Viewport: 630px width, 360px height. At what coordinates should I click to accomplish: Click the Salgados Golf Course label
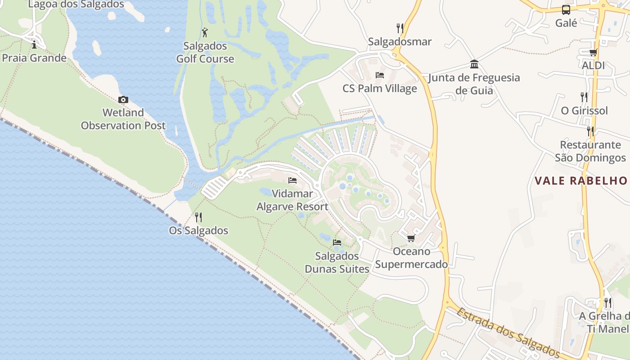pyautogui.click(x=205, y=52)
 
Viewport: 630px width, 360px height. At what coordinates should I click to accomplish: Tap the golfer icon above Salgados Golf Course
pyautogui.click(x=205, y=32)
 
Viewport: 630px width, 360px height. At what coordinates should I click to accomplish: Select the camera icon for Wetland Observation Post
pyautogui.click(x=123, y=99)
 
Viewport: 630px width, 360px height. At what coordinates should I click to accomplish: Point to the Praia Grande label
pyautogui.click(x=34, y=58)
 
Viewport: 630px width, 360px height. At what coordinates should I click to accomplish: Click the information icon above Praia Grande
pyautogui.click(x=34, y=44)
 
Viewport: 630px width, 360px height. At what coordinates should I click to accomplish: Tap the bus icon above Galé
pyautogui.click(x=566, y=10)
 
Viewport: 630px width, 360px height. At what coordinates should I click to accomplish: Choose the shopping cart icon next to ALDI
pyautogui.click(x=593, y=52)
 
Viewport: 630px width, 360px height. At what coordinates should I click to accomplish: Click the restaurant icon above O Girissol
pyautogui.click(x=584, y=97)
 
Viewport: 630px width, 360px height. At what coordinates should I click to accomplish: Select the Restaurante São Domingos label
pyautogui.click(x=590, y=151)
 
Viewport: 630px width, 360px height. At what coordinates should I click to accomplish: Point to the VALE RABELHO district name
pyautogui.click(x=581, y=181)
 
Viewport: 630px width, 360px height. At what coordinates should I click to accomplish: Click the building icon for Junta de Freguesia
pyautogui.click(x=474, y=64)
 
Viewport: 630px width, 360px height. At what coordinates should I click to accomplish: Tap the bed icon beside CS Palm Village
pyautogui.click(x=380, y=75)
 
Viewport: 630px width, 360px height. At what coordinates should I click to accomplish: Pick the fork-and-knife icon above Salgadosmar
pyautogui.click(x=400, y=28)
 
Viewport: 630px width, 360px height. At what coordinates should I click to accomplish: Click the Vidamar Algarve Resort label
pyautogui.click(x=292, y=200)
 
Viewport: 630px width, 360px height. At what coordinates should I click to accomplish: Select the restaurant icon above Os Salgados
pyautogui.click(x=198, y=217)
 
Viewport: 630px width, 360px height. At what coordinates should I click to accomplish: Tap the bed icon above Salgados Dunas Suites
pyautogui.click(x=337, y=243)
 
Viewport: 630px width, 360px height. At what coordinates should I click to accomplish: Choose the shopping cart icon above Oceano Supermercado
pyautogui.click(x=411, y=238)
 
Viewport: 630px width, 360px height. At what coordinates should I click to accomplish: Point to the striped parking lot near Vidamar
pyautogui.click(x=214, y=187)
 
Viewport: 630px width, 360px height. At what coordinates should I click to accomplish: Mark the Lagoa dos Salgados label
pyautogui.click(x=76, y=4)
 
